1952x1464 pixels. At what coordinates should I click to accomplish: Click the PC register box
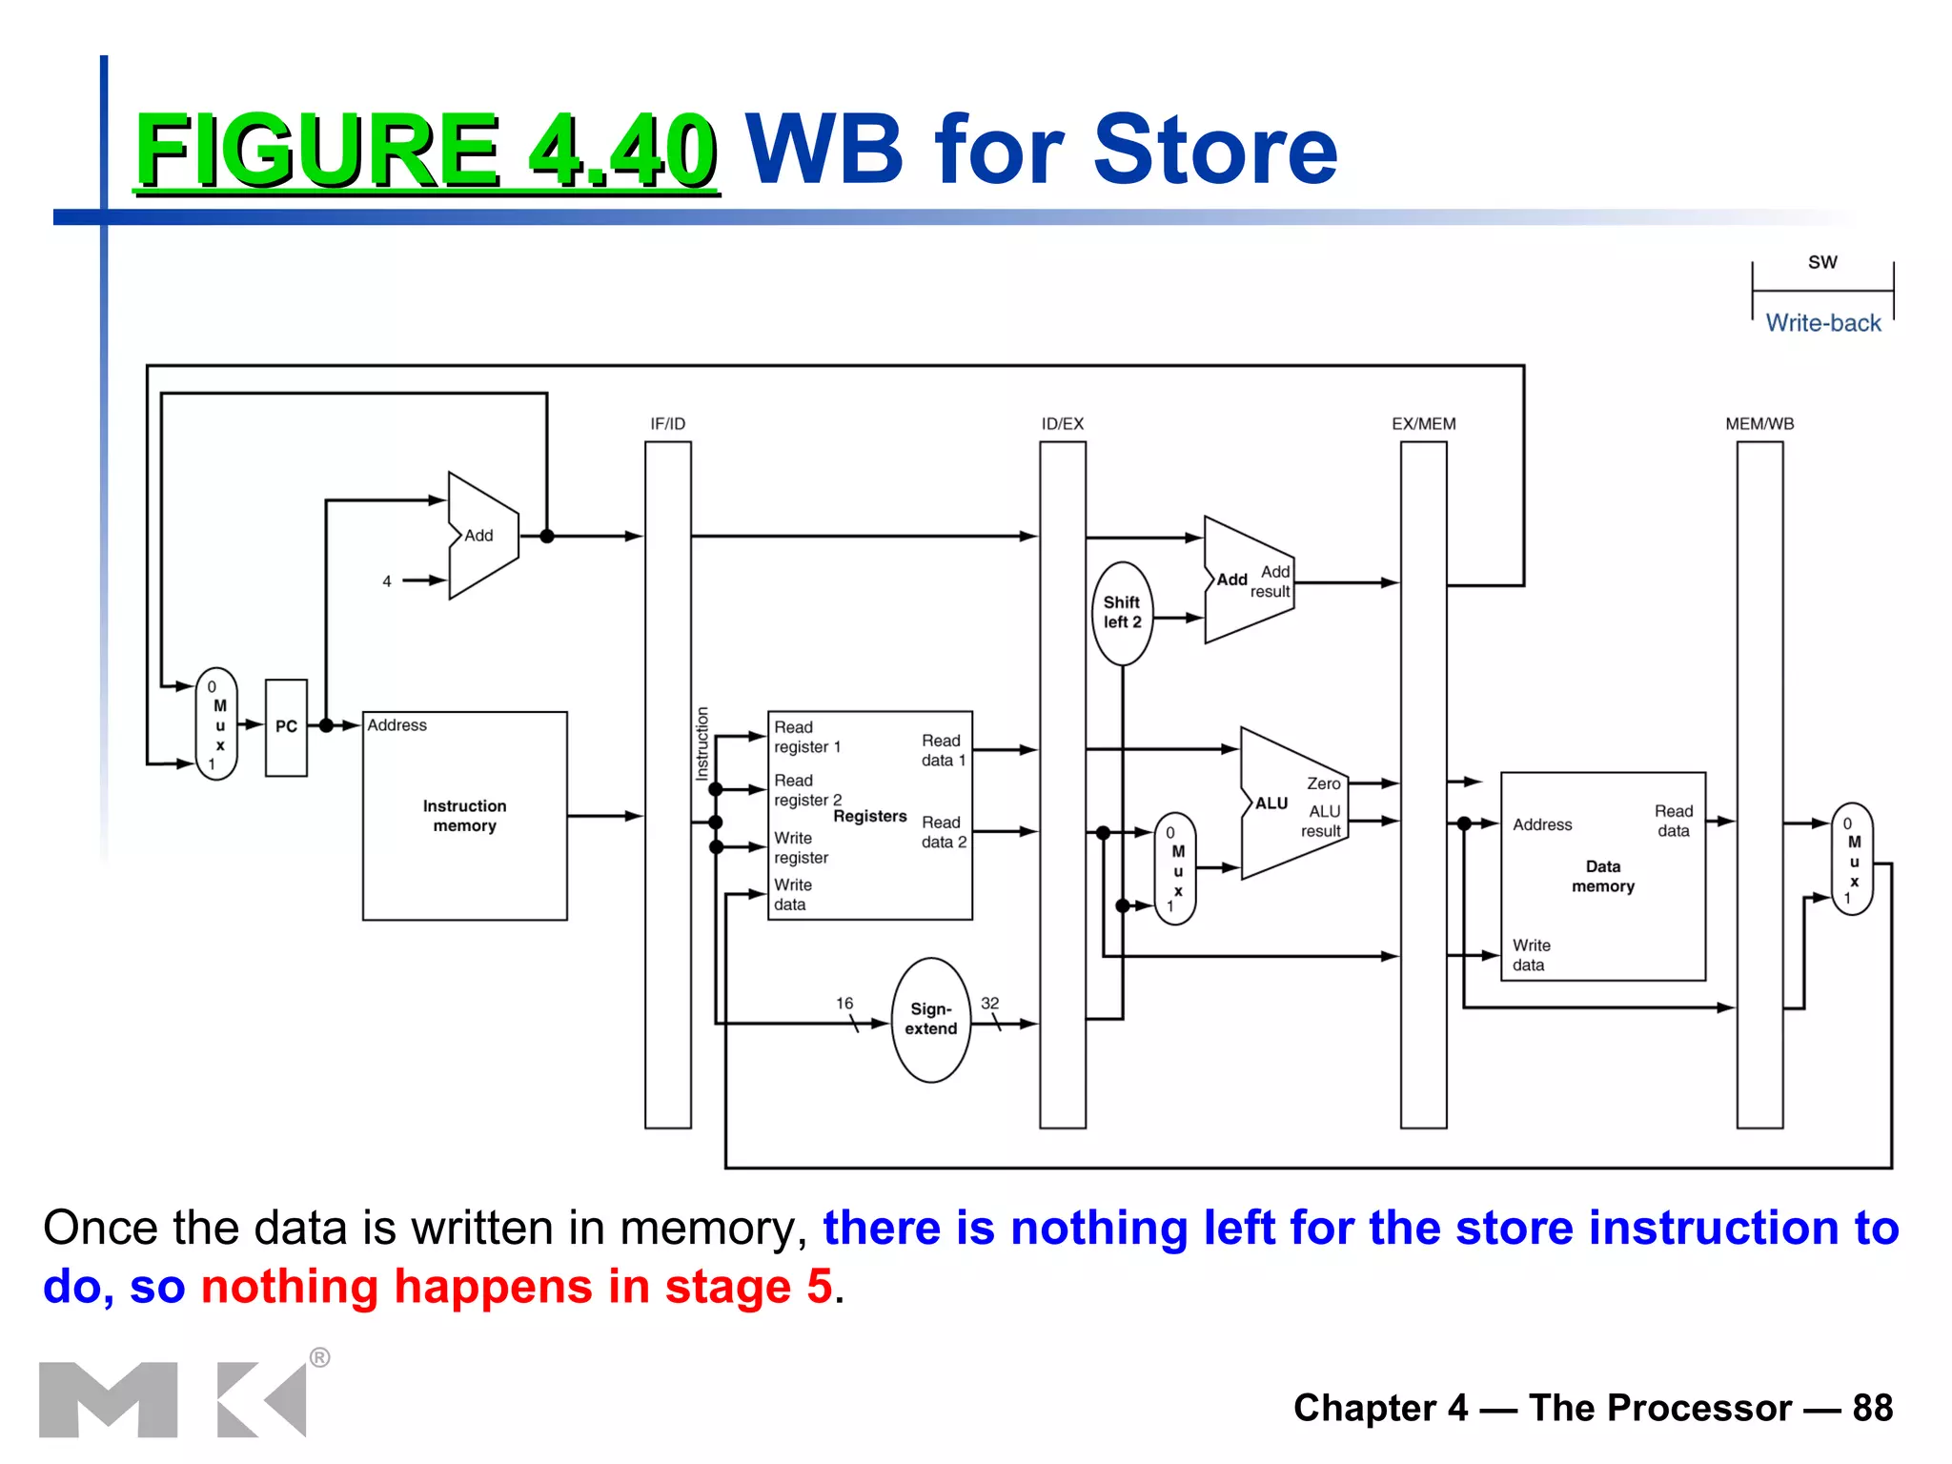tap(286, 727)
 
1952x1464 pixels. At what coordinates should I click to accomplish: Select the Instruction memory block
tap(464, 816)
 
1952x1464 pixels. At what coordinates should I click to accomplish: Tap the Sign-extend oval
tap(931, 1020)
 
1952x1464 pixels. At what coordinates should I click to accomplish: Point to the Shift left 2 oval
tap(1122, 613)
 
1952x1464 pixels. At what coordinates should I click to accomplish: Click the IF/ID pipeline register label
tap(667, 424)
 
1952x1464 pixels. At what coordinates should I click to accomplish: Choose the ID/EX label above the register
tap(1062, 424)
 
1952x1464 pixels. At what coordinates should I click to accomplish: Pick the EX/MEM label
tap(1423, 424)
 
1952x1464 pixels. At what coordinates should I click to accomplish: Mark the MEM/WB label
tap(1759, 424)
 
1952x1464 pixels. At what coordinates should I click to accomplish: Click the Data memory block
tap(1602, 876)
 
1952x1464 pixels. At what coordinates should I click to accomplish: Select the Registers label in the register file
tap(869, 816)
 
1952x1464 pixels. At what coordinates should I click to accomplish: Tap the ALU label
tap(1271, 803)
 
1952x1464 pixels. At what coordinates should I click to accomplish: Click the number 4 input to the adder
tap(387, 581)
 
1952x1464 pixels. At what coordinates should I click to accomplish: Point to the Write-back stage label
tap(1822, 323)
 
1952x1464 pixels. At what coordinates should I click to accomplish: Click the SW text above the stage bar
tap(1822, 262)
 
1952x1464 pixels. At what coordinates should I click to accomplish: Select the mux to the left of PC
tap(216, 724)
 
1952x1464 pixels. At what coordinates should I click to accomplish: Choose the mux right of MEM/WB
tap(1852, 859)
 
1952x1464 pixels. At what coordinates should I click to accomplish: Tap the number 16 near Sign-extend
tap(844, 1004)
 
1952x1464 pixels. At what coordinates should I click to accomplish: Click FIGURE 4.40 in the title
tap(425, 150)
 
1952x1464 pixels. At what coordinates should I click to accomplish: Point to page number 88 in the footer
tap(1872, 1408)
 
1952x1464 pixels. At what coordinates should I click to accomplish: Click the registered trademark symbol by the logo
tap(320, 1357)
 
